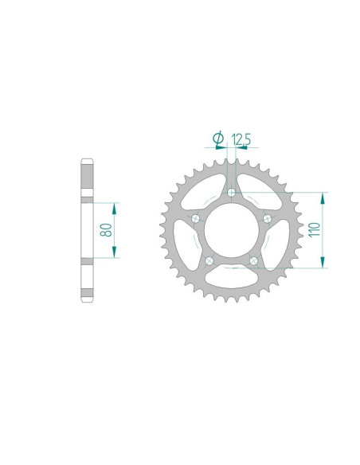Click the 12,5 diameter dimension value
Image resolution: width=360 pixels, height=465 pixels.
pos(241,139)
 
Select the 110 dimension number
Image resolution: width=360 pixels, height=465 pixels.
pos(315,230)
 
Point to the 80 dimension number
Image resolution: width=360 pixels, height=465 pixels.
pos(106,230)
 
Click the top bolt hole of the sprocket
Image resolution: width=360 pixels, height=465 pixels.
pos(231,193)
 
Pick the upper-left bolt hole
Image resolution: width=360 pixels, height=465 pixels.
pos(195,219)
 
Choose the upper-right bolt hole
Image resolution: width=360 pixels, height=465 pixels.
pos(268,219)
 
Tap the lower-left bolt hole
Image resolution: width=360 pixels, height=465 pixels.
pos(209,261)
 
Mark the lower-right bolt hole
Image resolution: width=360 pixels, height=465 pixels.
pos(253,261)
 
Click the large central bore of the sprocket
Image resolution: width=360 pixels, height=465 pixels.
pos(231,230)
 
